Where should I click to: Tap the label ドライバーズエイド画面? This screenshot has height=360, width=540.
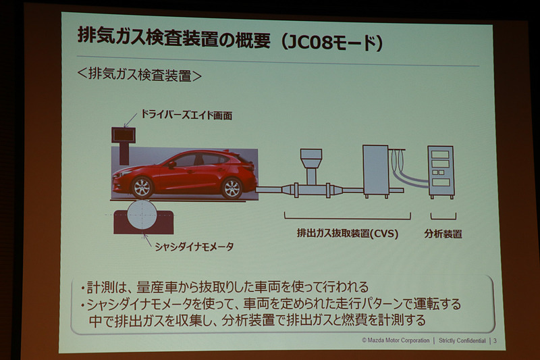tap(186, 116)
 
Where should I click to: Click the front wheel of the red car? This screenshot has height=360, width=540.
tap(142, 187)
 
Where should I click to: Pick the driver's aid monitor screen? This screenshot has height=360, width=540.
tap(124, 134)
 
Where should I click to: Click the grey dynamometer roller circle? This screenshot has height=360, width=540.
tap(143, 217)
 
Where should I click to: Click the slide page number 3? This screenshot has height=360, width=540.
tap(495, 340)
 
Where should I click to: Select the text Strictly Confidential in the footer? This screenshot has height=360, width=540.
tap(462, 340)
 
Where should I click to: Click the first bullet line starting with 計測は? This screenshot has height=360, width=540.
tap(223, 286)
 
